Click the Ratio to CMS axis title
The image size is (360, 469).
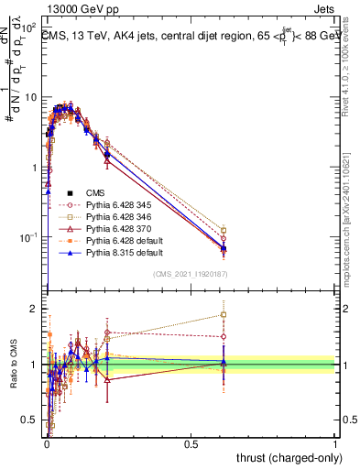click(x=12, y=366)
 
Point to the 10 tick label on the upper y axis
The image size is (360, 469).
click(x=27, y=97)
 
